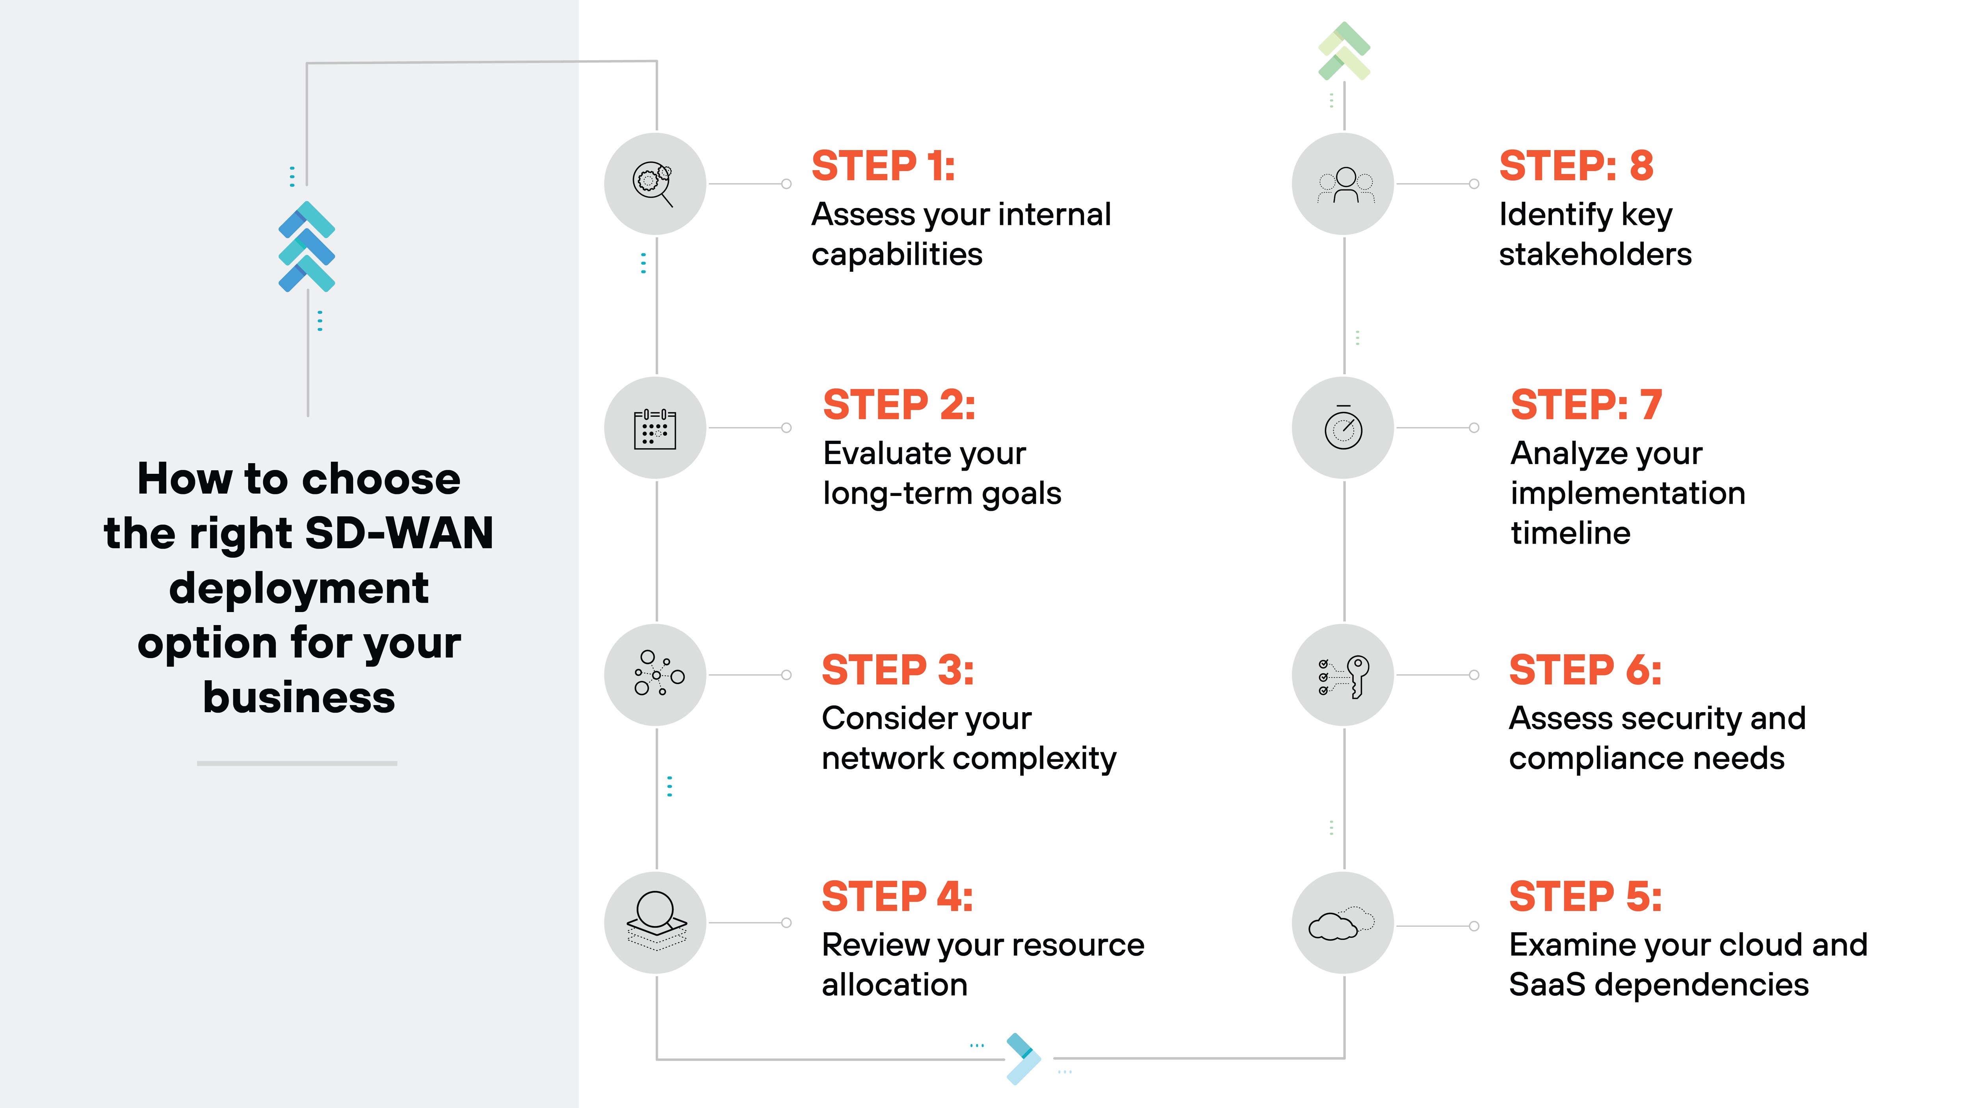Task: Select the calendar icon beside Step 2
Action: (654, 428)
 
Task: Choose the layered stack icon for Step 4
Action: (656, 921)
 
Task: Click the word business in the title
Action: (299, 698)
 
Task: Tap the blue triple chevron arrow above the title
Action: (307, 246)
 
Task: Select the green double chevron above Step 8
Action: (1344, 50)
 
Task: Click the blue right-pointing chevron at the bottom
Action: (1022, 1058)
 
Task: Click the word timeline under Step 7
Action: (1570, 533)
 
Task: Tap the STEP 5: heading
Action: (1585, 896)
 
